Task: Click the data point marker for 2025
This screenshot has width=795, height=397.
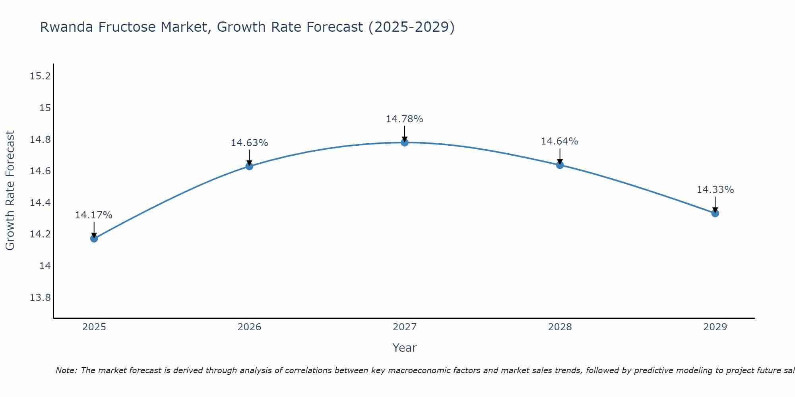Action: [94, 238]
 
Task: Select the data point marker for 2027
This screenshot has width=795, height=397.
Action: [405, 143]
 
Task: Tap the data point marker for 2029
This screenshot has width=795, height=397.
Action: [715, 213]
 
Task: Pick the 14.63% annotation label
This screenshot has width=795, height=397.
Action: [249, 143]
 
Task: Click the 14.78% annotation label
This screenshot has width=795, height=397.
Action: [404, 119]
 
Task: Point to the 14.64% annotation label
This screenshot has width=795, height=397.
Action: [559, 141]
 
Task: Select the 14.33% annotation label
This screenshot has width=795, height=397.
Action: [715, 190]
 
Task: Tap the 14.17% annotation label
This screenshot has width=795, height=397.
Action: [94, 215]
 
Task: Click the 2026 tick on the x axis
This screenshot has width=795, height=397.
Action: [249, 327]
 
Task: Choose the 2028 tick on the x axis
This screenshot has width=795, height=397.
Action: [560, 327]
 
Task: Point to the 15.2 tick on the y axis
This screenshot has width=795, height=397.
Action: [41, 76]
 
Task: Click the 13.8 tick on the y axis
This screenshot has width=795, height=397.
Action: [41, 298]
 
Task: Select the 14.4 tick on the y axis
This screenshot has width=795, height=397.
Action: [41, 203]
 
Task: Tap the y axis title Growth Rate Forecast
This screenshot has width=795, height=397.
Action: [10, 191]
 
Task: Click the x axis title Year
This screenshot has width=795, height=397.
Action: [404, 348]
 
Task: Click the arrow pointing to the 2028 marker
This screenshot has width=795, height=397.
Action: [560, 157]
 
